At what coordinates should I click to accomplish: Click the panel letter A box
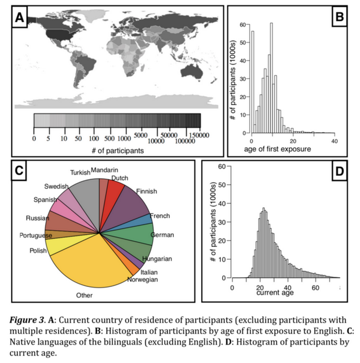click(x=20, y=17)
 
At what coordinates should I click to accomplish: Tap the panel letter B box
click(x=340, y=16)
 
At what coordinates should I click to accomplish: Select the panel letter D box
click(x=340, y=171)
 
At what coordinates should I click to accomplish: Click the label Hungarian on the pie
click(x=157, y=259)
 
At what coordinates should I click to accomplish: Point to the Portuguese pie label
click(x=36, y=235)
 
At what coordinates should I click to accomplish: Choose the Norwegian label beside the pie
click(x=143, y=279)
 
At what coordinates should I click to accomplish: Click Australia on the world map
click(x=192, y=71)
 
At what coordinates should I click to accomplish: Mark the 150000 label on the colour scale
click(x=199, y=135)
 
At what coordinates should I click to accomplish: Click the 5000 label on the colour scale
click(x=140, y=135)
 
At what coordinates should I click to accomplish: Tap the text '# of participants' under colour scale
click(x=118, y=151)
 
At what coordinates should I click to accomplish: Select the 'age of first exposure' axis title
click(x=277, y=149)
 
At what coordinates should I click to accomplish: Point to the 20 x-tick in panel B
click(x=293, y=141)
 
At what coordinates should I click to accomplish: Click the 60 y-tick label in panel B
click(x=243, y=24)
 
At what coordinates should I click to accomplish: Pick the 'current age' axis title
click(x=275, y=293)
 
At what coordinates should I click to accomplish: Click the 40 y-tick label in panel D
click(x=222, y=204)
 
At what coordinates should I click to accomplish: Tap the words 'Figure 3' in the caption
click(x=27, y=320)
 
